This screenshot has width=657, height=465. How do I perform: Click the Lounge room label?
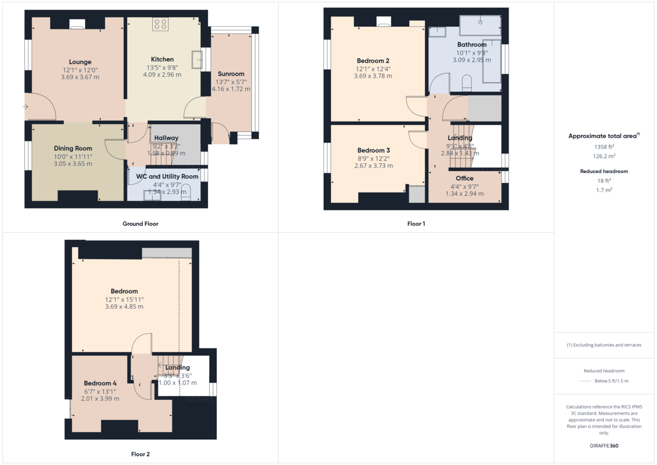point(80,62)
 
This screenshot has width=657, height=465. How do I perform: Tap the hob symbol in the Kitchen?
point(161,24)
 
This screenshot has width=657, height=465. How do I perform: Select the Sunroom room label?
point(231,74)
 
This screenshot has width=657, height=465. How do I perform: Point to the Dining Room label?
point(73,148)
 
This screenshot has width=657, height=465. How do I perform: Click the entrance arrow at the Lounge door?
point(25,107)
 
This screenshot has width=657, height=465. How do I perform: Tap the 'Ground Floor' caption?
point(140,223)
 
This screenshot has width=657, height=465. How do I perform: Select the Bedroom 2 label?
point(373,61)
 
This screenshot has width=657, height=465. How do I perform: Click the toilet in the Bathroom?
point(467,83)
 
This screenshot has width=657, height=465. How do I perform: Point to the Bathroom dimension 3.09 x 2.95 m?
point(471,60)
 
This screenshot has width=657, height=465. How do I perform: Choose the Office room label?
point(464,179)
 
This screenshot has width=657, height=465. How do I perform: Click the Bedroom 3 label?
point(373,151)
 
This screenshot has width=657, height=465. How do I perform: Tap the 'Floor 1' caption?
point(416,223)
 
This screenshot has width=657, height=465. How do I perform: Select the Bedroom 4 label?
point(100,383)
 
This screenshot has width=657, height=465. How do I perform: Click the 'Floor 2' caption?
point(140,454)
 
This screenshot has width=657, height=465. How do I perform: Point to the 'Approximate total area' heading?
point(602,136)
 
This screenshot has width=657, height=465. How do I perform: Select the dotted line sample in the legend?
point(586,381)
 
